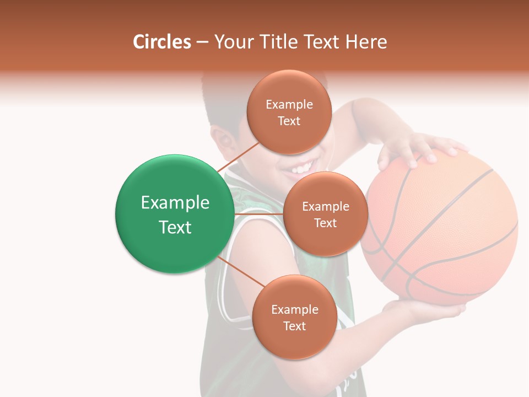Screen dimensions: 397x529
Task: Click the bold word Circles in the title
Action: [162, 42]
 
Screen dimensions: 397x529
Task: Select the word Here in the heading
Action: [366, 42]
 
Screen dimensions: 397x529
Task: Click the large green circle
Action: [175, 214]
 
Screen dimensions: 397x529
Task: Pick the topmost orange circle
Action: [289, 112]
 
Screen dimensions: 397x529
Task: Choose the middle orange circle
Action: [325, 214]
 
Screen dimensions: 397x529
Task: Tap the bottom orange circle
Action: [294, 317]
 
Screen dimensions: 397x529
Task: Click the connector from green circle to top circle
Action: [237, 157]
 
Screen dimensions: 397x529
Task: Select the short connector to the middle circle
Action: [258, 214]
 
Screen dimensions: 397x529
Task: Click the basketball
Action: [441, 232]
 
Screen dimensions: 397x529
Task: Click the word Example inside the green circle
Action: [175, 203]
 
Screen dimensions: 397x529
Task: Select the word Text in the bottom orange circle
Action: [294, 326]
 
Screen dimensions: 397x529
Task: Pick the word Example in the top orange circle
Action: [289, 104]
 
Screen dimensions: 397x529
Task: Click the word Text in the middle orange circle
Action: [325, 223]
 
